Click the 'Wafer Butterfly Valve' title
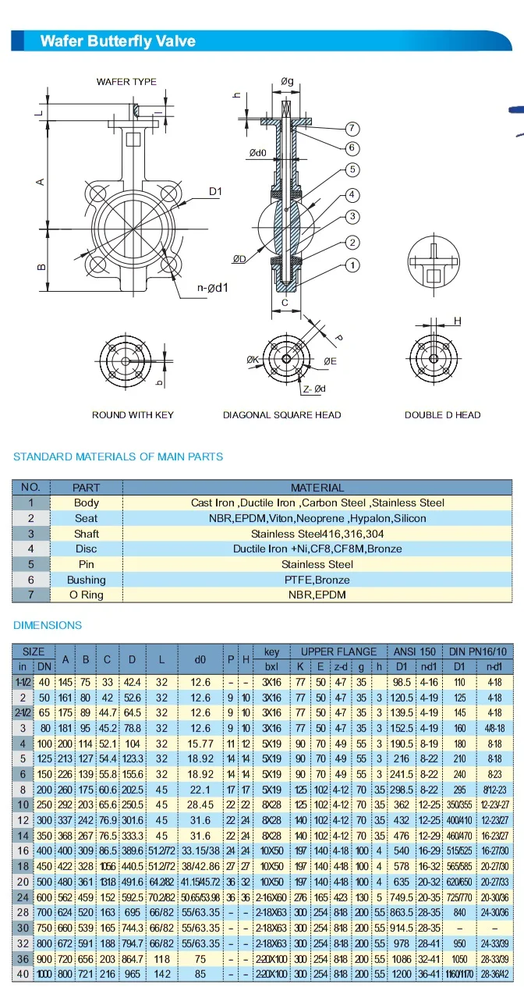tap(118, 41)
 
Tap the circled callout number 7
tap(352, 128)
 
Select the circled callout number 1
tap(352, 265)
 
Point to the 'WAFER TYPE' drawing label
tap(126, 82)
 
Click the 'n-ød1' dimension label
tap(212, 288)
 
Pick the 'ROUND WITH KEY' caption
tap(133, 415)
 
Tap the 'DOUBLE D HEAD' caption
tap(443, 415)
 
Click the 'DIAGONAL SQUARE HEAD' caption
tap(282, 415)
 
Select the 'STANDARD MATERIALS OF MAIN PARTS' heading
tap(119, 456)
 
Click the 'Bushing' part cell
tap(87, 580)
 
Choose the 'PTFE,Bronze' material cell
tap(317, 580)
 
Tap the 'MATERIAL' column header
tap(317, 488)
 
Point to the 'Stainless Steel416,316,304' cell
tap(317, 534)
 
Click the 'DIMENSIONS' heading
tap(48, 625)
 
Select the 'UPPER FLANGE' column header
tap(339, 652)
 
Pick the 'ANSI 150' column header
tap(416, 652)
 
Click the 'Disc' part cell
tap(87, 549)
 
